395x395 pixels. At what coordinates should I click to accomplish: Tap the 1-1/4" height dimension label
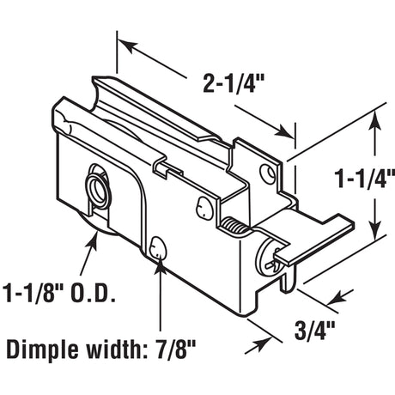coord(361,181)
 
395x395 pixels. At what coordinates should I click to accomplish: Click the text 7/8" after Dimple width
coord(171,349)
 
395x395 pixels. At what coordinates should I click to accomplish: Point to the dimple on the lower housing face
coord(158,248)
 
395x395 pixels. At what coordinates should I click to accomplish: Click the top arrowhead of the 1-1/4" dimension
coord(375,123)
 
